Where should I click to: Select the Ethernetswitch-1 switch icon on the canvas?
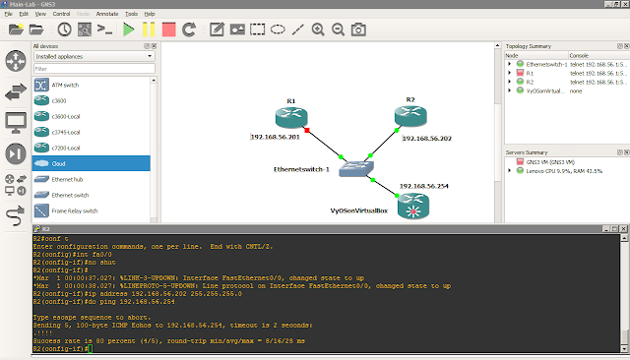(353, 168)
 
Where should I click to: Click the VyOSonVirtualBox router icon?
(409, 208)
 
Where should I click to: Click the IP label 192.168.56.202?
(429, 139)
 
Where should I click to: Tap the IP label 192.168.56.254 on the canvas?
(422, 185)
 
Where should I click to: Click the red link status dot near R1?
(308, 130)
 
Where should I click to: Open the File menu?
(8, 14)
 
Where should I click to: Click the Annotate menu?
(108, 14)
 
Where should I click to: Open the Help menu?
(150, 14)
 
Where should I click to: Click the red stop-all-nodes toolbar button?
(169, 30)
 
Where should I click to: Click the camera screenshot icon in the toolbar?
(358, 30)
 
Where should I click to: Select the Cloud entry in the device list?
(90, 163)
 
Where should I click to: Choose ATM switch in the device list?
(90, 85)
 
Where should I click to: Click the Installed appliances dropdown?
(92, 57)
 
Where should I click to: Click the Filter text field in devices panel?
(92, 69)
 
